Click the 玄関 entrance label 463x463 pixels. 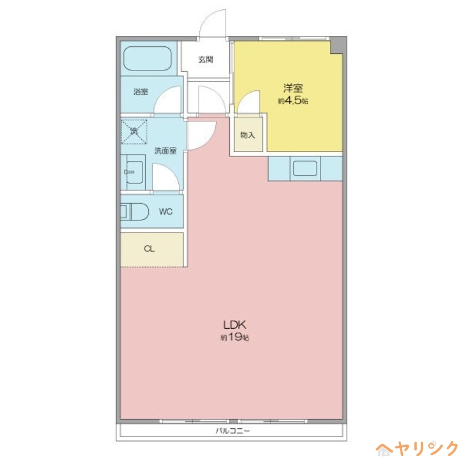click(x=205, y=59)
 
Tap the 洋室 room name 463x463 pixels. click(x=293, y=89)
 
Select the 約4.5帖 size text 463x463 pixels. click(x=293, y=101)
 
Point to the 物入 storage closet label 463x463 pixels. click(x=248, y=135)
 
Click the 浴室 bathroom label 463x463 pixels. click(x=141, y=91)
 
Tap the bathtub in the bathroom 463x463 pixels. click(x=148, y=58)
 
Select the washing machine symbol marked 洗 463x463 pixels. click(x=134, y=131)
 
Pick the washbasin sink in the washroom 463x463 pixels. click(x=134, y=171)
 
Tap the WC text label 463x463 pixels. click(x=166, y=212)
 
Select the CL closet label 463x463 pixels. click(x=149, y=249)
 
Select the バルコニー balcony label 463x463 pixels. click(x=232, y=432)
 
